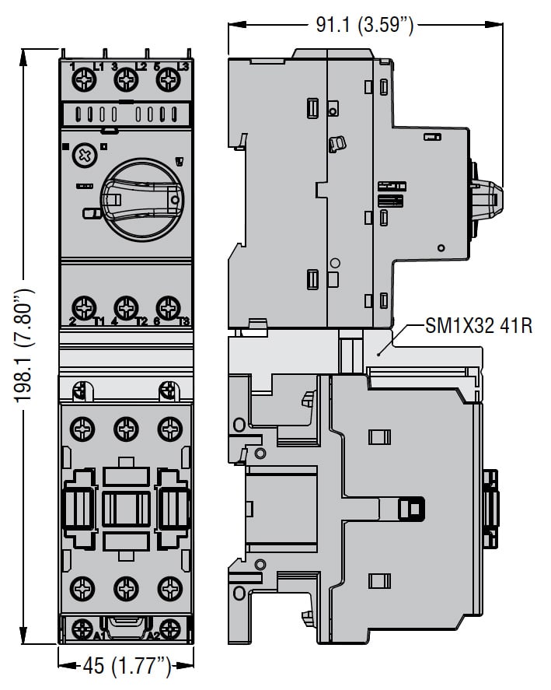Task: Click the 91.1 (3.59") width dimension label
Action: point(364,25)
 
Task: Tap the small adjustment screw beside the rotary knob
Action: point(82,156)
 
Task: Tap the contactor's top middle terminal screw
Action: point(124,428)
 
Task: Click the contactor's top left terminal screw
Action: point(82,428)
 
